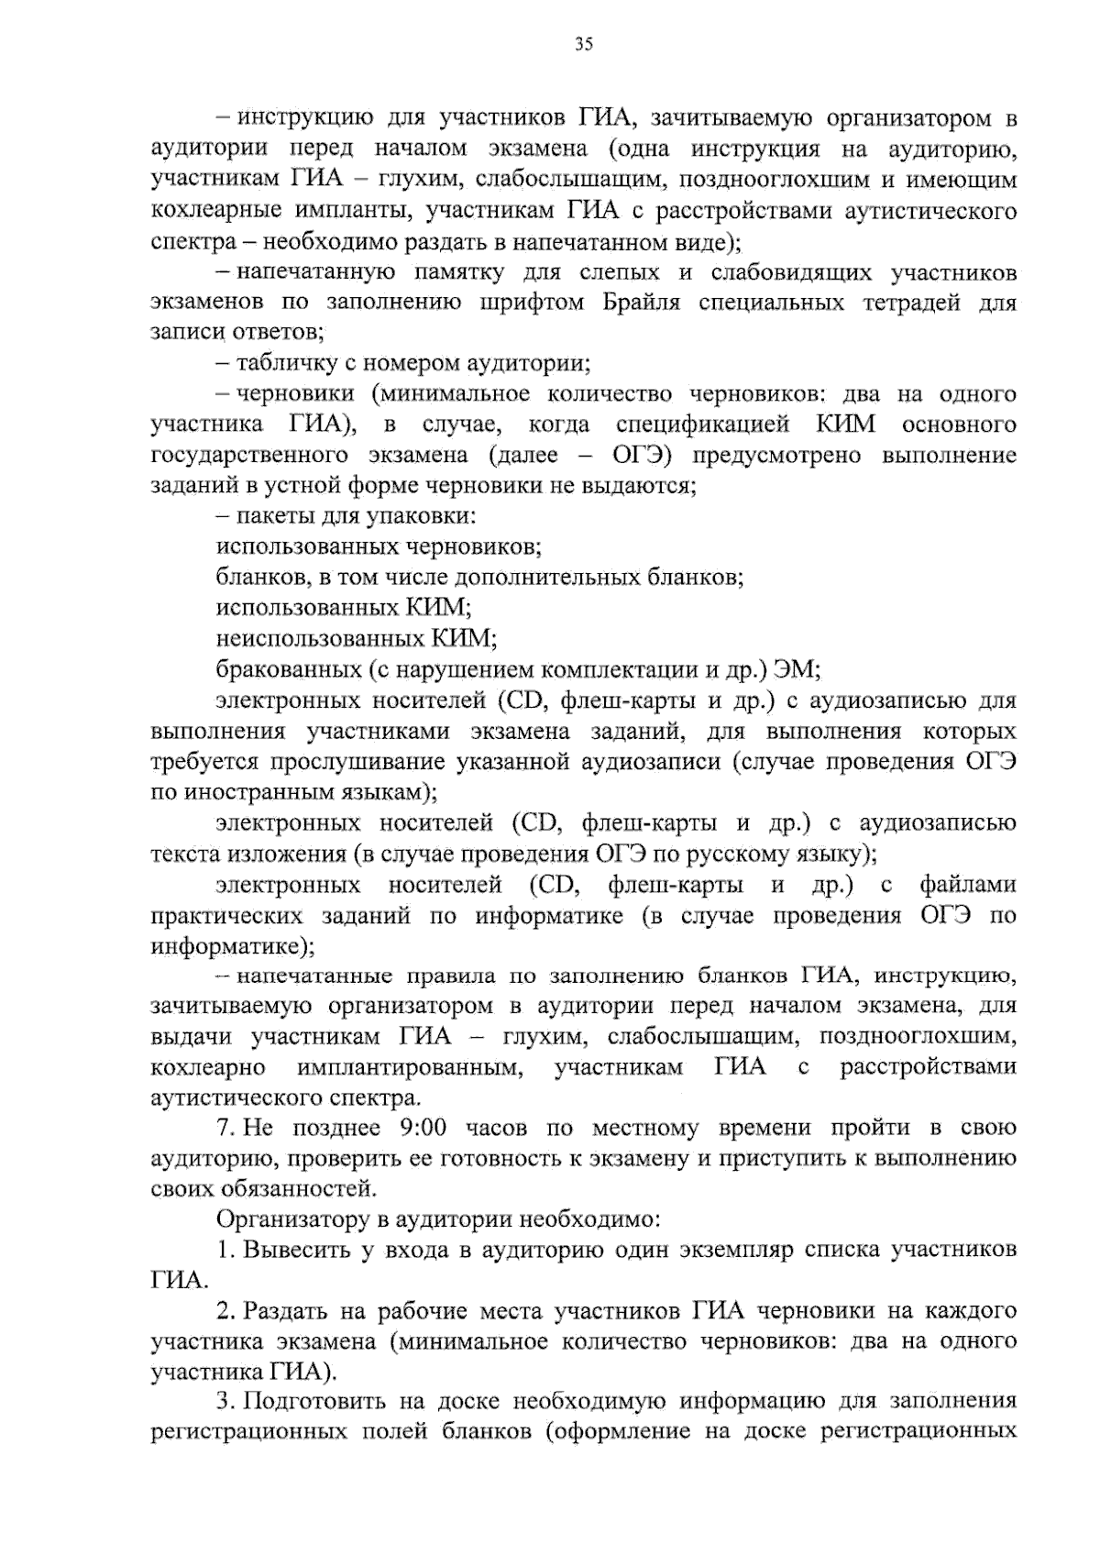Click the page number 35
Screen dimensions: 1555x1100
[x=584, y=43]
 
